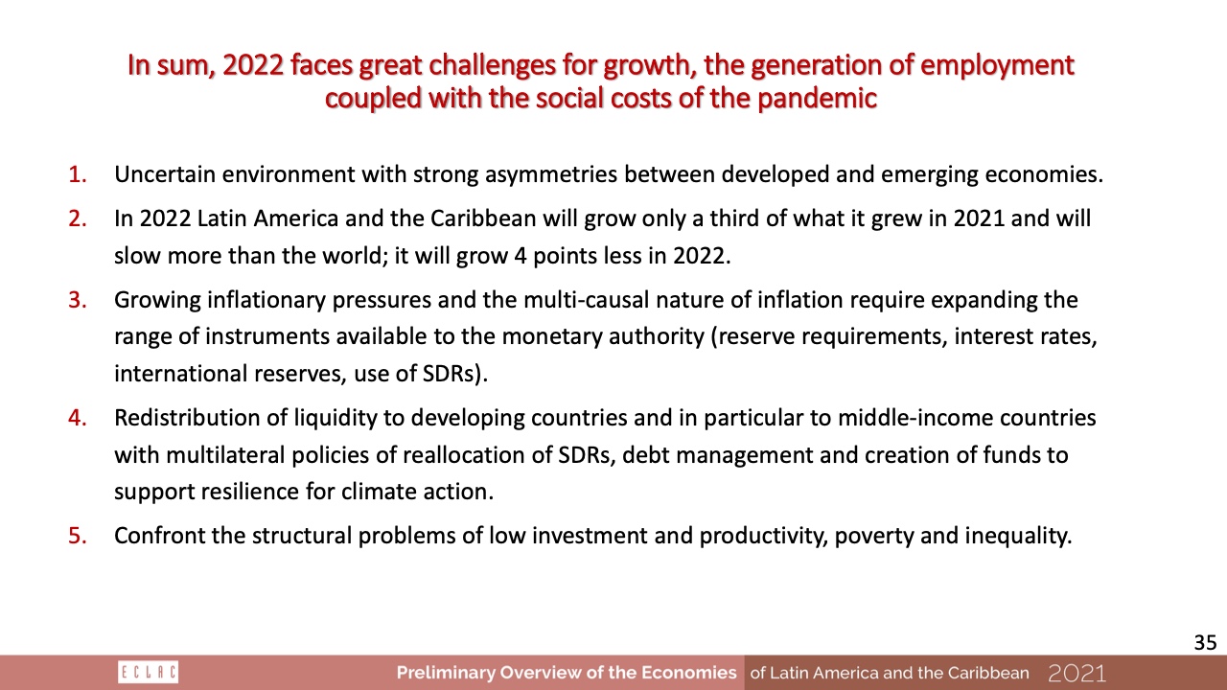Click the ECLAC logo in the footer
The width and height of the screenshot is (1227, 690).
[x=148, y=673]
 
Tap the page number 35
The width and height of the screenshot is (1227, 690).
[x=1205, y=642]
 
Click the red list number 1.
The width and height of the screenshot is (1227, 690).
[x=78, y=174]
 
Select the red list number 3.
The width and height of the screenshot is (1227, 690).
[x=78, y=300]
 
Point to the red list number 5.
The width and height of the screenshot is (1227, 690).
[x=78, y=536]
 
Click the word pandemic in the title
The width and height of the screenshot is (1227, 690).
[x=818, y=100]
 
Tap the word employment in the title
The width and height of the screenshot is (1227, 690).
[x=997, y=67]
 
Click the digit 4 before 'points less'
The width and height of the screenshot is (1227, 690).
[x=521, y=256]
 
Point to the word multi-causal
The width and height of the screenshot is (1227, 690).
[x=587, y=300]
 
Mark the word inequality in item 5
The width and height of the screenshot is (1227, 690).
[x=1018, y=536]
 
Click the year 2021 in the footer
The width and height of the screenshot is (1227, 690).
[x=1077, y=673]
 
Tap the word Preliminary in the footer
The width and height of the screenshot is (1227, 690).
[x=445, y=673]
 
